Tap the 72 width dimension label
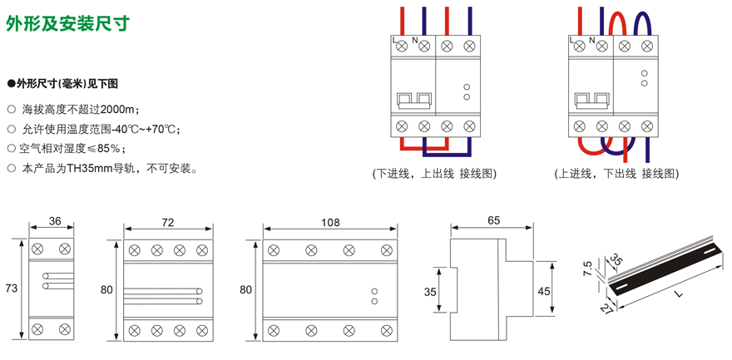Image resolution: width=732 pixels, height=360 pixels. tap(167, 223)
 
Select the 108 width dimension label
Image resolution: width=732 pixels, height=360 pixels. tap(330, 223)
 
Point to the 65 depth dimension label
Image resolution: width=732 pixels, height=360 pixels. tap(493, 220)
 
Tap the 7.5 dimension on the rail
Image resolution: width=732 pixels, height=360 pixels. tap(588, 269)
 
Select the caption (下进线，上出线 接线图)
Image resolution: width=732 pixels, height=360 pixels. tap(434, 174)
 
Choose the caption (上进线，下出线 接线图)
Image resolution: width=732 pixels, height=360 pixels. tap(616, 174)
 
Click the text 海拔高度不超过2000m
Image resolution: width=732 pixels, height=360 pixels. tap(81, 109)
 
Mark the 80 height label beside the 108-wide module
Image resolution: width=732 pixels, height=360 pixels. tap(245, 289)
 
